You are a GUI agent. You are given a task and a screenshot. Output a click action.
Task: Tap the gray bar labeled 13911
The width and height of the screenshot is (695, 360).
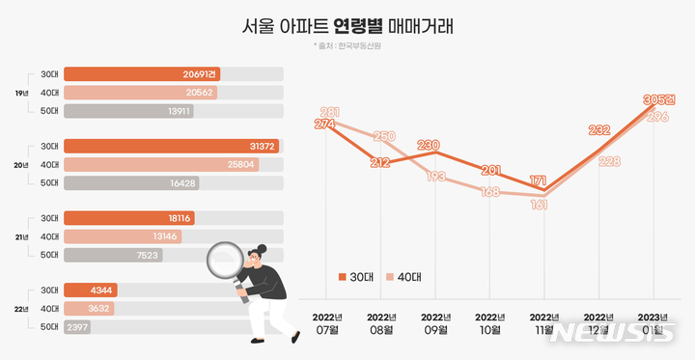[128, 111]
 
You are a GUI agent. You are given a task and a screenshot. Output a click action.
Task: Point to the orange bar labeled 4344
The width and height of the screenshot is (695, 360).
[92, 291]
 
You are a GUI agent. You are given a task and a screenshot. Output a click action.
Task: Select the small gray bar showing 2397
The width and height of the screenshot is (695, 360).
[77, 327]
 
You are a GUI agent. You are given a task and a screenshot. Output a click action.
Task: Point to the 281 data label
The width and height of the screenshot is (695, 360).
[329, 112]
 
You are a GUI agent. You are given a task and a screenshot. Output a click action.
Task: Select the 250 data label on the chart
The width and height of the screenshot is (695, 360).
[383, 136]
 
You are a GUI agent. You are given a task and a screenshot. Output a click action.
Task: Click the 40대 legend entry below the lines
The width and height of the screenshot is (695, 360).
[404, 277]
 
